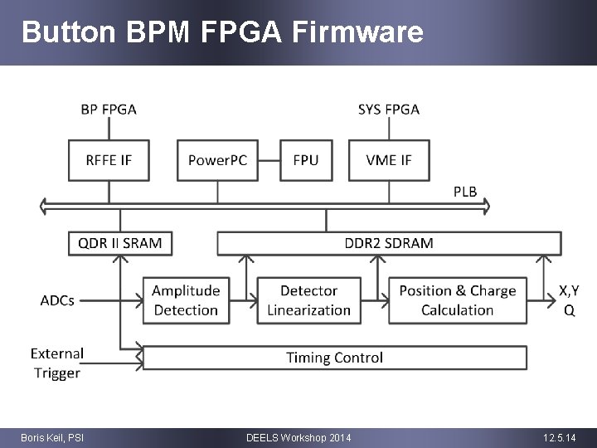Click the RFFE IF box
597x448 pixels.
point(109,160)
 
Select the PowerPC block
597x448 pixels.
point(217,160)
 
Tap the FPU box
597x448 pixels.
point(305,160)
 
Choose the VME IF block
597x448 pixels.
point(388,160)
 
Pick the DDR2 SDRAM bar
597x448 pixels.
point(388,243)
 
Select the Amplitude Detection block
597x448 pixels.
point(186,300)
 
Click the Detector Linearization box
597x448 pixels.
point(308,300)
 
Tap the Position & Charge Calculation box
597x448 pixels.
point(457,300)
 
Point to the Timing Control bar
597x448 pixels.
point(335,358)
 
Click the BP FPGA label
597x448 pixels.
point(109,109)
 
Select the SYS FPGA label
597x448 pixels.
point(388,109)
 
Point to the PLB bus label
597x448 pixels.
point(465,192)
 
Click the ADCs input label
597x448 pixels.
point(57,300)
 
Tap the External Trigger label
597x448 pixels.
point(57,363)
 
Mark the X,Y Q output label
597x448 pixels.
point(569,300)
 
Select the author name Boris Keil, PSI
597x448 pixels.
point(51,437)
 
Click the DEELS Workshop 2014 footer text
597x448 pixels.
point(298,437)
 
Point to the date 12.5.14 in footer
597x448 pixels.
point(559,437)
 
